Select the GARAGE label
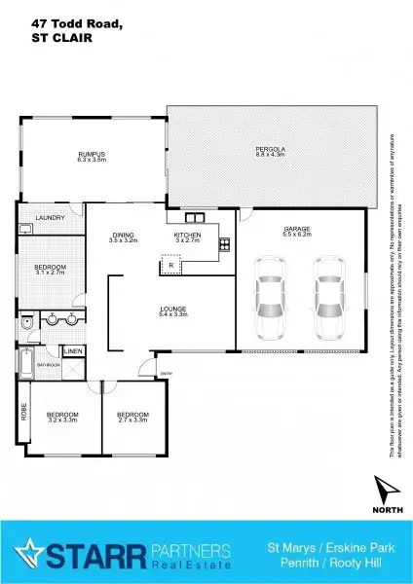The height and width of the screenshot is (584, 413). [296, 230]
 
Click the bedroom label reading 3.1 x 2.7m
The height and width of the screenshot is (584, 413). [50, 270]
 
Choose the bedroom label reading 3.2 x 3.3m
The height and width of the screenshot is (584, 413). [61, 417]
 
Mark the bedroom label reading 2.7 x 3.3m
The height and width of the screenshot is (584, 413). [132, 417]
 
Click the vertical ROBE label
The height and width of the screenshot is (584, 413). [23, 411]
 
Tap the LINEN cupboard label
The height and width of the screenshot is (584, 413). [73, 351]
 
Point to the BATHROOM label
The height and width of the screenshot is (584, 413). [49, 365]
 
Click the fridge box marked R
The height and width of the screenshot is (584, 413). [171, 266]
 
